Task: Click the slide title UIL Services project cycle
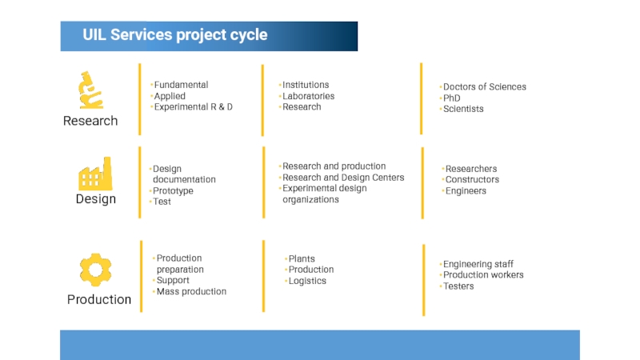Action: [x=174, y=35]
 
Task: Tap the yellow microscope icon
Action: [x=90, y=90]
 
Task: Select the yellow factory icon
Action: [x=94, y=174]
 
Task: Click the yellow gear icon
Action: [x=95, y=270]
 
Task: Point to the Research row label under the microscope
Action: [x=90, y=121]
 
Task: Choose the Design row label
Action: [x=96, y=198]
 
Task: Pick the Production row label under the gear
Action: [x=99, y=299]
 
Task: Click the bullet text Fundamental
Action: [x=181, y=85]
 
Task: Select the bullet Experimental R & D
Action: [x=193, y=106]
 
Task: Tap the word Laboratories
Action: [x=308, y=96]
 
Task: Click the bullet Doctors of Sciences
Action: [x=484, y=86]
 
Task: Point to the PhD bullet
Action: [x=451, y=98]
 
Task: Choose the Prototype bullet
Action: [x=173, y=190]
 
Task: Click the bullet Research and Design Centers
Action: [x=343, y=178]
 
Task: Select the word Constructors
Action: [x=472, y=179]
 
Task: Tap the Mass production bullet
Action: [x=191, y=291]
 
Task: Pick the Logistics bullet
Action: [x=307, y=281]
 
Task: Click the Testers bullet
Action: [x=458, y=286]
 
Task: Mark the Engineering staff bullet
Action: [x=478, y=264]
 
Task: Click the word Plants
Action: [x=302, y=258]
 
